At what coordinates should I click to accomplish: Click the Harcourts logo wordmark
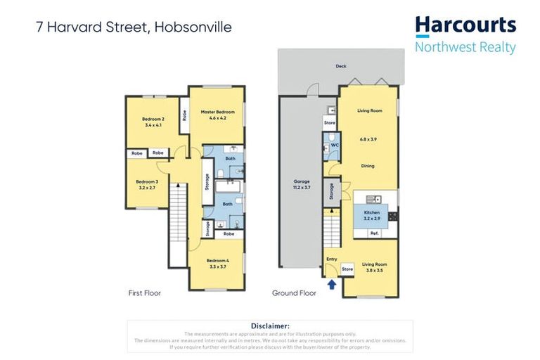point(465,26)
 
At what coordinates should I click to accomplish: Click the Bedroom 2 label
point(154,119)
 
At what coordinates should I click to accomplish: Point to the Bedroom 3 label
point(147,181)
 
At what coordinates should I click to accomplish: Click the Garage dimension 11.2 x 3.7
point(301,188)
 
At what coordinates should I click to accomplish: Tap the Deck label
point(341,67)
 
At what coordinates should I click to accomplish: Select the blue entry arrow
point(332,284)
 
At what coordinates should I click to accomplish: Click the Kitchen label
point(372,212)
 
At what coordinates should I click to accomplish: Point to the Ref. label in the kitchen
point(374,233)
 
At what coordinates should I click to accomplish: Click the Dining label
point(368,166)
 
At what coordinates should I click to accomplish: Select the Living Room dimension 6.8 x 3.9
point(368,139)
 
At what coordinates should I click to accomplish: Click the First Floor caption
point(144,292)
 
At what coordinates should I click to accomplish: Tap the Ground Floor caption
point(294,292)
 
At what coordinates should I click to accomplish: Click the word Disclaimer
point(270,326)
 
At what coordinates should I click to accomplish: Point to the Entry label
point(332,259)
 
